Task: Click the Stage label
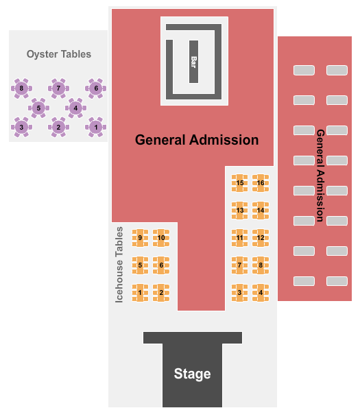click(192, 374)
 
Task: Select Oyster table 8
click(22, 88)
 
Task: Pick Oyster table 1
click(96, 127)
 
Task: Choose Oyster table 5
click(39, 108)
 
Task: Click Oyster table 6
click(96, 88)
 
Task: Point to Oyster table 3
click(22, 127)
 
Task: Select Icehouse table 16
click(261, 183)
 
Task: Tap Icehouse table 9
click(140, 238)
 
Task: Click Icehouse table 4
click(261, 293)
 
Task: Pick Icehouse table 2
click(161, 293)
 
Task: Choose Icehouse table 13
click(240, 211)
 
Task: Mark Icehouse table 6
click(161, 265)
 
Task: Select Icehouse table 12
click(261, 238)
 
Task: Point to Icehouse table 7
click(240, 265)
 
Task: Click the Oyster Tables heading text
click(58, 54)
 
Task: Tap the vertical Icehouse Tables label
click(119, 265)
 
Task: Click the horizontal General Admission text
click(197, 140)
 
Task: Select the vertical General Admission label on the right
click(320, 175)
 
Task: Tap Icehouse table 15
click(240, 183)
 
